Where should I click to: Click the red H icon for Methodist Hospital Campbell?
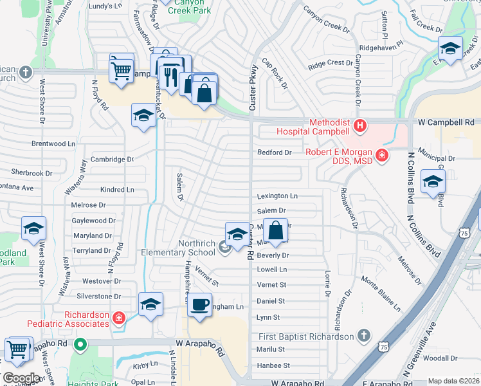coord(360,125)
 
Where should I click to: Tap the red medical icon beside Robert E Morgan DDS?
coord(382,154)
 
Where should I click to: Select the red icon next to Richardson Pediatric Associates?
coord(118,317)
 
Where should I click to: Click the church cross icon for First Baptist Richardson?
coord(364,336)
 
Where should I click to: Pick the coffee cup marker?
coord(200,304)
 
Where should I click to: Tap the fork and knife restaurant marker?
coord(170,76)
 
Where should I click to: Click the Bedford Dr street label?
coord(275,152)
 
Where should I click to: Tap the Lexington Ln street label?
coord(277,196)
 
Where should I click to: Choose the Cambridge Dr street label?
coord(112,159)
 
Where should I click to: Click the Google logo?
coord(21,378)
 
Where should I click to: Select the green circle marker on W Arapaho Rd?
coord(80,344)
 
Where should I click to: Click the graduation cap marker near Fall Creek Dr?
coord(450,48)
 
